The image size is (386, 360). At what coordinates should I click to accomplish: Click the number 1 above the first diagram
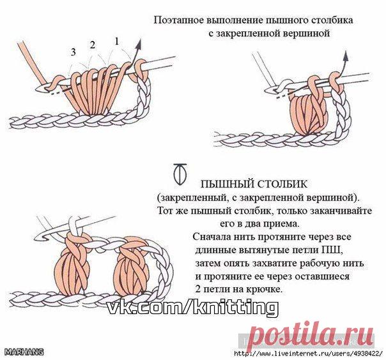pyautogui.click(x=117, y=41)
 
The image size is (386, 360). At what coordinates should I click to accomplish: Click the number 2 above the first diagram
pyautogui.click(x=93, y=45)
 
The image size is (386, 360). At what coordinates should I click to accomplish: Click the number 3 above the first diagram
pyautogui.click(x=73, y=52)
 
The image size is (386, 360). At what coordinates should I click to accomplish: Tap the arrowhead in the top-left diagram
pyautogui.click(x=139, y=43)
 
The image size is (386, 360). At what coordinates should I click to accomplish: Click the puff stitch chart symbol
pyautogui.click(x=180, y=174)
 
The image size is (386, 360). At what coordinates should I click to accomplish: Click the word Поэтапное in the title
pyautogui.click(x=178, y=20)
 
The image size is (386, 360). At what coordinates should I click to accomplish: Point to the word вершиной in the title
pyautogui.click(x=306, y=33)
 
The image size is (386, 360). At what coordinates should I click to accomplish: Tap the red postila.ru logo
pyautogui.click(x=310, y=335)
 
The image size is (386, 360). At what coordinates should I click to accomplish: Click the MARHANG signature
pyautogui.click(x=24, y=352)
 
